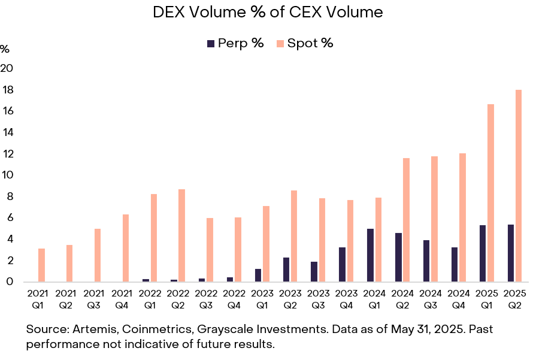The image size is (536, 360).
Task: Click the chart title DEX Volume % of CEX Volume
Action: [268, 11]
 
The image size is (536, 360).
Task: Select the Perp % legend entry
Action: [235, 43]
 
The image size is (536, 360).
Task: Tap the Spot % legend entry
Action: [304, 43]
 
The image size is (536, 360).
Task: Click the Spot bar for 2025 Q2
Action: [519, 186]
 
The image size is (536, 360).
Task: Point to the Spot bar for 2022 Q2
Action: [182, 235]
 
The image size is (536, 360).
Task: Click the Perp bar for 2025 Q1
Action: [483, 253]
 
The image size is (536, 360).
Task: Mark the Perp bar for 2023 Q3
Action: [314, 271]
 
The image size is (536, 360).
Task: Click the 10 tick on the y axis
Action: [7, 176]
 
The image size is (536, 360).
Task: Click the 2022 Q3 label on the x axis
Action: [206, 299]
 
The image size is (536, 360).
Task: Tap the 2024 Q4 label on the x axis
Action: [459, 299]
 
